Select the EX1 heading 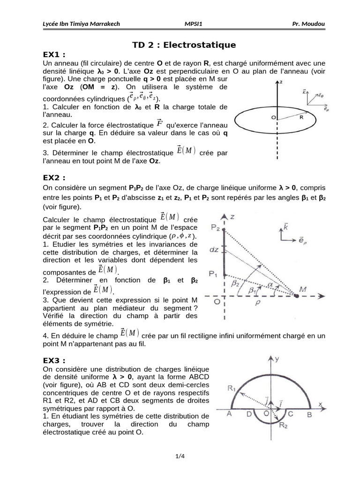tap(53, 54)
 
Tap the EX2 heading tap(53, 178)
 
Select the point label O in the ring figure tap(273, 119)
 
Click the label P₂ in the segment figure tap(215, 228)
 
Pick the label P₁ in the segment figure tap(214, 273)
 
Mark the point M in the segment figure tap(303, 290)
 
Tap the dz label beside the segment tap(214, 250)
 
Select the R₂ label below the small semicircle tap(284, 425)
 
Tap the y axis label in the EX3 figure tap(278, 360)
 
